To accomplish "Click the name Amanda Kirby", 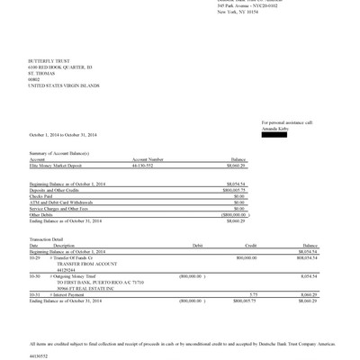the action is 276,127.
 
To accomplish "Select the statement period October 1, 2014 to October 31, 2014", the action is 63,135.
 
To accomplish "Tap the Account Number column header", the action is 148,160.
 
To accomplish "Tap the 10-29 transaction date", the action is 34,256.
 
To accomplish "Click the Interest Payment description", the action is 75,294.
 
